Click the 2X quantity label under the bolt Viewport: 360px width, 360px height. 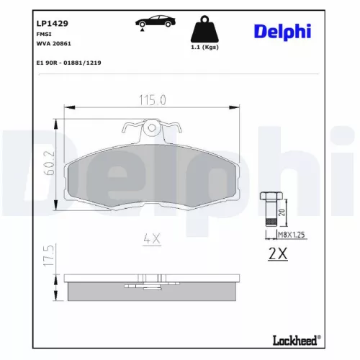coord(277,253)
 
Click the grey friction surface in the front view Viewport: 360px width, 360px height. coord(151,176)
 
